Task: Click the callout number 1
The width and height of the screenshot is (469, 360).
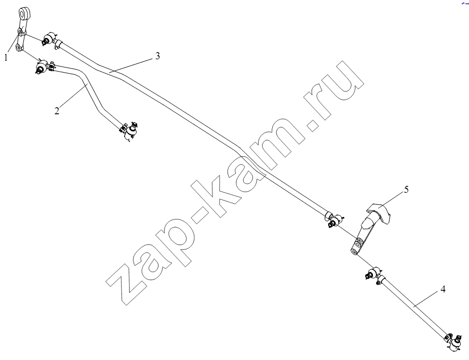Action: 6,57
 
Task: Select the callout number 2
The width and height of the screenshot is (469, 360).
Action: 57,111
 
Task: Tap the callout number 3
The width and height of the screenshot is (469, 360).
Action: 157,56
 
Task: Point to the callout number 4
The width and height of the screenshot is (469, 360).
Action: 443,289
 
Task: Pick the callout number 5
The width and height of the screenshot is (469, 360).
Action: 406,190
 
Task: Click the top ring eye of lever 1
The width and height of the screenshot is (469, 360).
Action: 24,14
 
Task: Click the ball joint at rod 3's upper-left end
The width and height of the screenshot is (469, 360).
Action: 48,38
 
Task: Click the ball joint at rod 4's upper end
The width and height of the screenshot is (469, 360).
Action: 373,273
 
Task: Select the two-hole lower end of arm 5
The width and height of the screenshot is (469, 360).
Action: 358,247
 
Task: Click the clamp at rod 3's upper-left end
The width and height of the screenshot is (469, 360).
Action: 58,44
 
